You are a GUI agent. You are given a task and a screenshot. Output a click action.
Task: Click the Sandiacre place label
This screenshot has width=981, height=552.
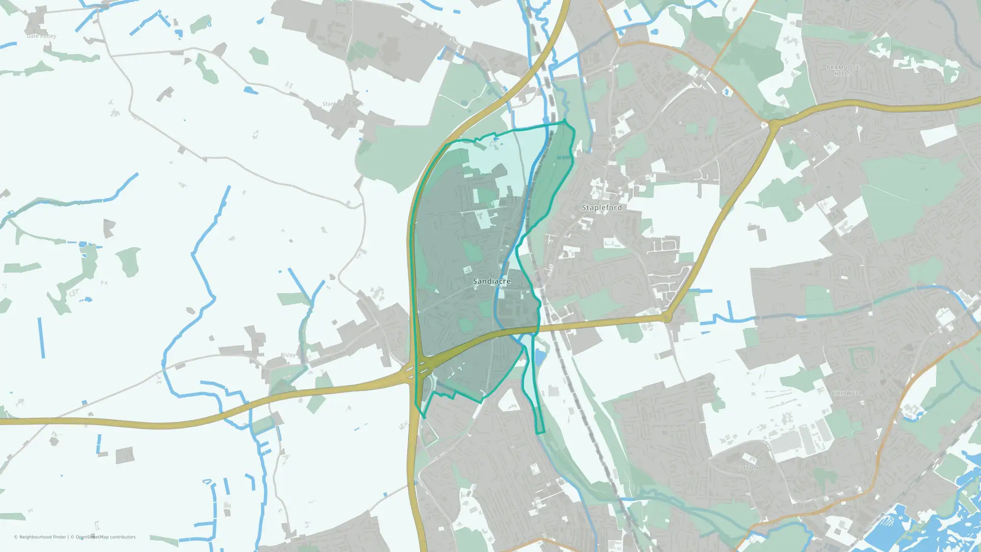click(491, 281)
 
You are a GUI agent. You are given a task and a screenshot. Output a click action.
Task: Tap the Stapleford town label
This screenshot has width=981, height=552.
click(601, 208)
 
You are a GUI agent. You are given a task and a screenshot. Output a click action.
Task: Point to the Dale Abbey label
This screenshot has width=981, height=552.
click(41, 36)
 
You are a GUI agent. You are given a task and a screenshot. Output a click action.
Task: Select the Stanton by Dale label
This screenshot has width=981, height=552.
click(343, 104)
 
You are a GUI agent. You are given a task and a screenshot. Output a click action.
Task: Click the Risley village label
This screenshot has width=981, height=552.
click(288, 355)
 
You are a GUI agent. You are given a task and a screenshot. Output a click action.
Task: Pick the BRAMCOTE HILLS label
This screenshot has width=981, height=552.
click(843, 71)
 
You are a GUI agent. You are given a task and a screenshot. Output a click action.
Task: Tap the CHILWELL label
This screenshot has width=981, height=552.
click(847, 394)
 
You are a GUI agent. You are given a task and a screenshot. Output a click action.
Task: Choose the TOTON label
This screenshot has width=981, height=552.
click(748, 468)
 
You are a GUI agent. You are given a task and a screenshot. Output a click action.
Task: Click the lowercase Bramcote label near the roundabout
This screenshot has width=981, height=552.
click(806, 135)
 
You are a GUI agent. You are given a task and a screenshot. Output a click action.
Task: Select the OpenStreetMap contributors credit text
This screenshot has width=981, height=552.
click(105, 537)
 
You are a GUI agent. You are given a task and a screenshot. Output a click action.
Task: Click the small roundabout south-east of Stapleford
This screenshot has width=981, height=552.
click(666, 317)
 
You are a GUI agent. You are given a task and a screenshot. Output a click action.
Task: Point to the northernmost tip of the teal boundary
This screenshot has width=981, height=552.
click(565, 120)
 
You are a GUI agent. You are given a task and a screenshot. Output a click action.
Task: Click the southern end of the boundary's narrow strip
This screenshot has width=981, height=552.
click(540, 433)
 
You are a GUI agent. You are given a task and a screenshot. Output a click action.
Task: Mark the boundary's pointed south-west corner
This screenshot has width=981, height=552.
click(424, 418)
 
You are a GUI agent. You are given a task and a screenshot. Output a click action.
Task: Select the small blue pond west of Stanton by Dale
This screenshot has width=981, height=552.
click(251, 90)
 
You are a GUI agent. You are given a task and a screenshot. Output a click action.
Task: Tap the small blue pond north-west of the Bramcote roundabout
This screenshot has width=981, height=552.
click(726, 92)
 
